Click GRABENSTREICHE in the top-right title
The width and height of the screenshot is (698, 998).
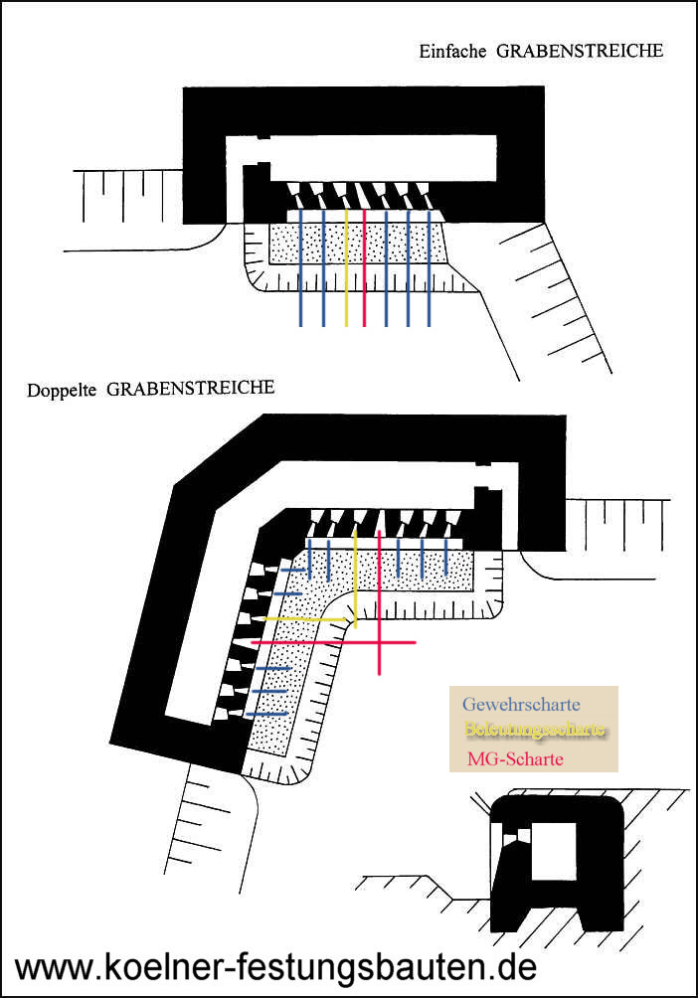coord(576,50)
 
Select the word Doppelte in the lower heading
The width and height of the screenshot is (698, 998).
coord(62,390)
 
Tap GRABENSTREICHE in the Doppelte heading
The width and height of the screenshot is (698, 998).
coord(190,388)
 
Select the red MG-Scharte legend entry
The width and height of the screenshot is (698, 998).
coord(515,758)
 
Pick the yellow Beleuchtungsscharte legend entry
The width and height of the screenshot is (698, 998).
coord(535,731)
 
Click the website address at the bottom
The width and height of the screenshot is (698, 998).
coord(276,965)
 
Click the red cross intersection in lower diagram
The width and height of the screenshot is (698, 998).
coord(379,643)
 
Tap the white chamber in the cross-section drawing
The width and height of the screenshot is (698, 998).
coord(554,851)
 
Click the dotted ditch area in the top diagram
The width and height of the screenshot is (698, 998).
coord(398,243)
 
